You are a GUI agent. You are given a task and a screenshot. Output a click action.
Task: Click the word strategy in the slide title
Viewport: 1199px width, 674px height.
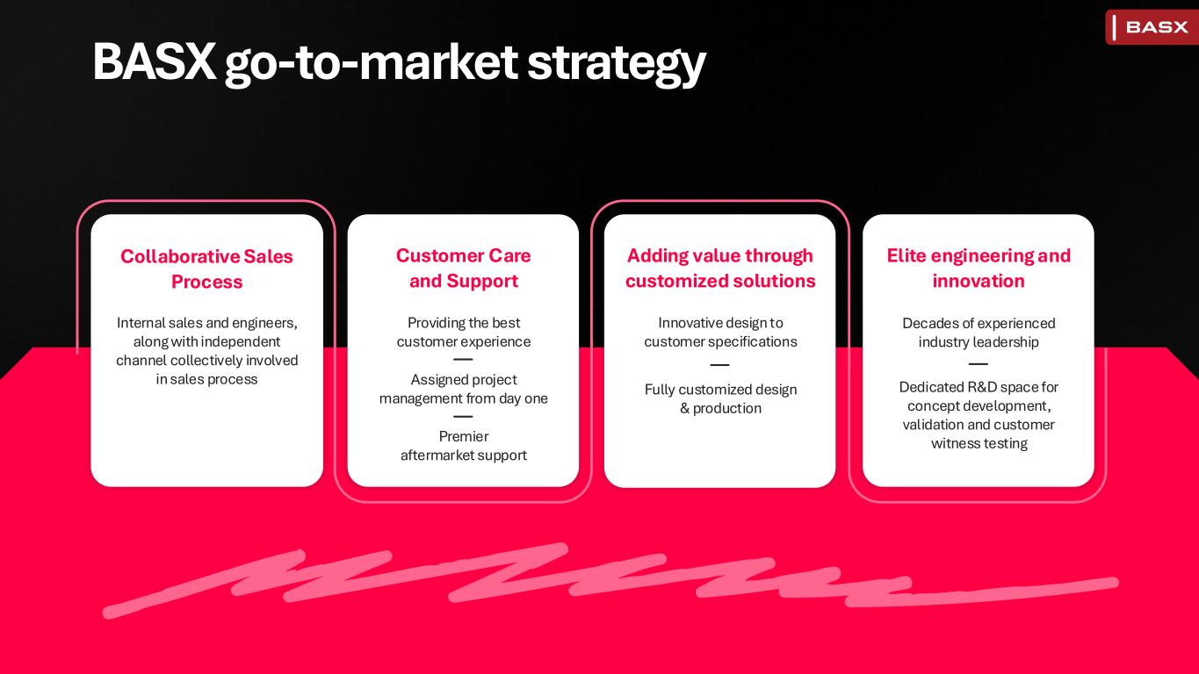[x=617, y=63]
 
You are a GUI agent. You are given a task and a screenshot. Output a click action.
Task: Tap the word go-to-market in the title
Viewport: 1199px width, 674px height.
[x=372, y=64]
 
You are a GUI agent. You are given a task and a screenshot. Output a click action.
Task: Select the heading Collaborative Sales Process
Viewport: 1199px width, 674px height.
[x=206, y=269]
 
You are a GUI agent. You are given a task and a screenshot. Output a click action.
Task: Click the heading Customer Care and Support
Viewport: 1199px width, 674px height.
[x=464, y=268]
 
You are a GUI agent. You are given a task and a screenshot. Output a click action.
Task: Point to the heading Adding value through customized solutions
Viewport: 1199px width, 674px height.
[x=720, y=268]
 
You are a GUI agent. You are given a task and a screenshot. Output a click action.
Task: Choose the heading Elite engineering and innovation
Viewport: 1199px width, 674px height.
[x=979, y=268]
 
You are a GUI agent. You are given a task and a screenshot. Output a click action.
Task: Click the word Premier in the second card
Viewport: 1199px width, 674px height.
[x=464, y=436]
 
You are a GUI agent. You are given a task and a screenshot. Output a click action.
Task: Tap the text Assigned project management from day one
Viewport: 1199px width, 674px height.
[x=464, y=389]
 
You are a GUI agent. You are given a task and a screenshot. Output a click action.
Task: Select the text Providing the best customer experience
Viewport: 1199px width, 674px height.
[x=464, y=333]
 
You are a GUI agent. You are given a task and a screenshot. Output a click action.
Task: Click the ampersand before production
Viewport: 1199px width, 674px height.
[x=684, y=409]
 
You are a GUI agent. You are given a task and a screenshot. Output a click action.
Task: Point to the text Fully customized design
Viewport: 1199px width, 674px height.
[x=720, y=390]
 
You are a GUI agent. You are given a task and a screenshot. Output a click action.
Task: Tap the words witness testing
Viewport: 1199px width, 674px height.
[x=979, y=443]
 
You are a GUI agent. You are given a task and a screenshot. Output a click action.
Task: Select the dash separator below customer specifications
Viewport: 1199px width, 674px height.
[x=720, y=365]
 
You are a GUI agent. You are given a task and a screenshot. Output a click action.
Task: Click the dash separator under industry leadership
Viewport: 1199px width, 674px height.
[x=979, y=363]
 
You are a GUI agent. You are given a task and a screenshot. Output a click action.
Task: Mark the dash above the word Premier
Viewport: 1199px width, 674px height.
[x=463, y=416]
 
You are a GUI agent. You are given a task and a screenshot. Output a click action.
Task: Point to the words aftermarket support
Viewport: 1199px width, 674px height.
[x=464, y=455]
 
